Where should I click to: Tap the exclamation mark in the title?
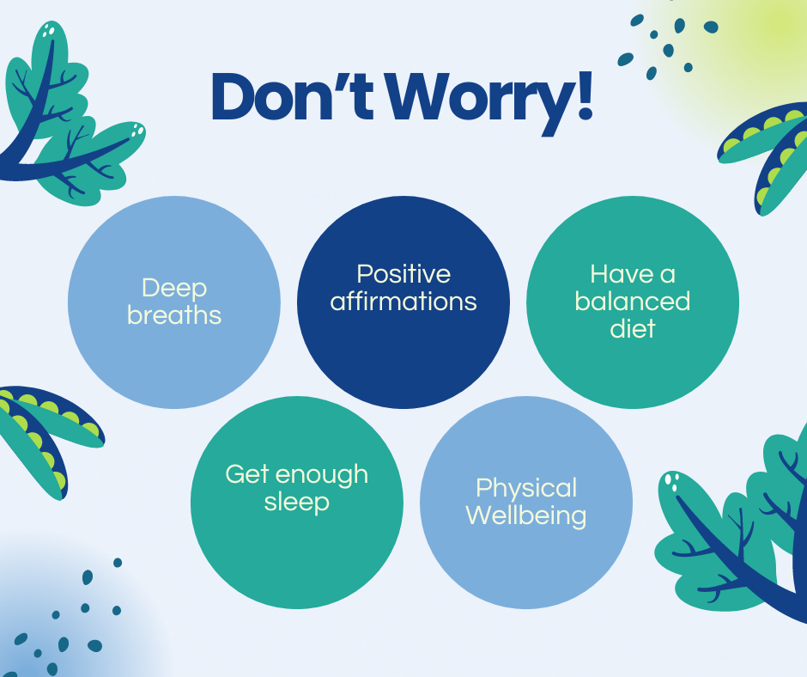[x=586, y=96]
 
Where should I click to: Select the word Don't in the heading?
[x=292, y=96]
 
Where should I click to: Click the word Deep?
[x=174, y=289]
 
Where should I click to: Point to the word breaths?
[x=174, y=314]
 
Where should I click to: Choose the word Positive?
[x=403, y=273]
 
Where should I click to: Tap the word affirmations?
[x=403, y=301]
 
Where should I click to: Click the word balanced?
[x=633, y=301]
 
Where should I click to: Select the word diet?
[x=633, y=328]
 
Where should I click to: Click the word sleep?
[x=297, y=503]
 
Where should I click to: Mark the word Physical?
[x=526, y=489]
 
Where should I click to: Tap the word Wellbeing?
[x=526, y=515]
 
